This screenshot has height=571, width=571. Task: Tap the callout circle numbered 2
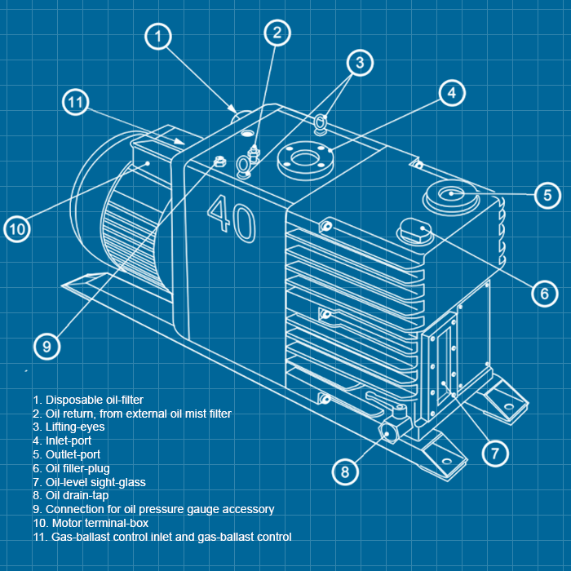(x=277, y=33)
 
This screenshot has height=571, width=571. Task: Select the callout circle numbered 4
(x=452, y=93)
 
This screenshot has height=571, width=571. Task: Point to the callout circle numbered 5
(x=547, y=195)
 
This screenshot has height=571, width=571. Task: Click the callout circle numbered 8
(x=345, y=471)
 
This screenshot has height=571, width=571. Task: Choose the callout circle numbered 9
(x=47, y=346)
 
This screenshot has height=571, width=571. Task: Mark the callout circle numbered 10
(x=18, y=229)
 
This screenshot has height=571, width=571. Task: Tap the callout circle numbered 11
(x=76, y=103)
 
